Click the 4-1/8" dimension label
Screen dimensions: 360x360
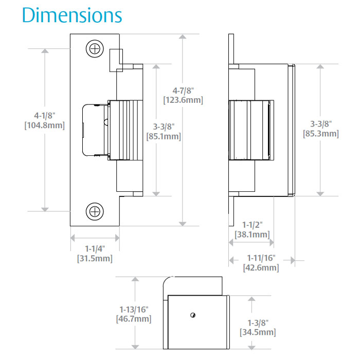point(45,115)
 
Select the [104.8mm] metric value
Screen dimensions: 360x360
point(45,125)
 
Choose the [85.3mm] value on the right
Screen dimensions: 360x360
point(321,134)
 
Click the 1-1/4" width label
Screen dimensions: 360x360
point(95,248)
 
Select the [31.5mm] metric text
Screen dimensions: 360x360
point(95,259)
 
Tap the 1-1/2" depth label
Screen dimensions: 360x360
point(252,224)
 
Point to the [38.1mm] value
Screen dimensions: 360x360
point(252,235)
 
